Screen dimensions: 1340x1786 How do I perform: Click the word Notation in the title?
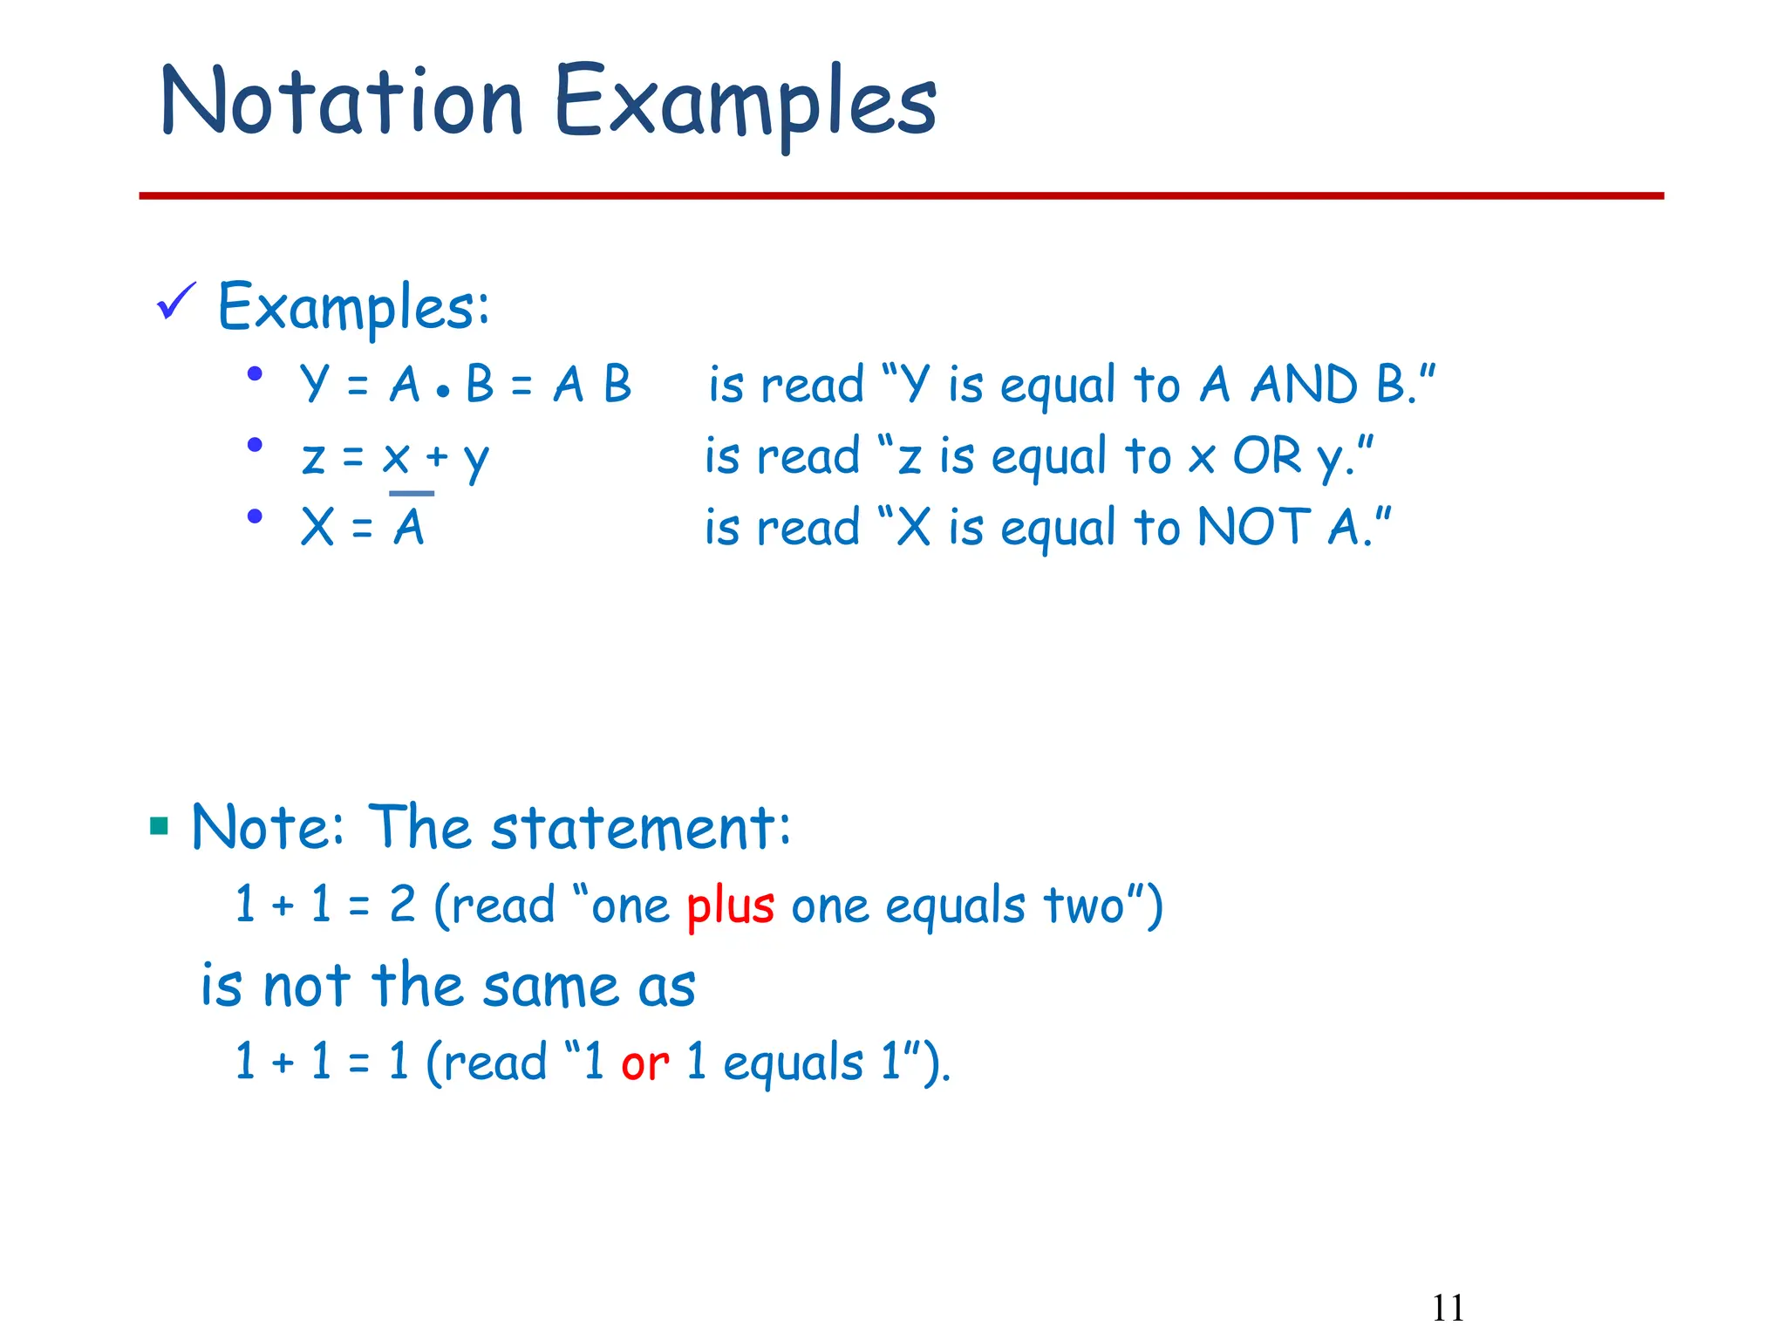(342, 102)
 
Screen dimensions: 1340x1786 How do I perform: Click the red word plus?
(730, 906)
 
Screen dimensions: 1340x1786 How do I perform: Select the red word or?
(644, 1063)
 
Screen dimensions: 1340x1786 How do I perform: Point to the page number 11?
(1448, 1308)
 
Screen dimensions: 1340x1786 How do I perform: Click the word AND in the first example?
(1304, 385)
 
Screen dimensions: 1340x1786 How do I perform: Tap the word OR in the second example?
(1266, 456)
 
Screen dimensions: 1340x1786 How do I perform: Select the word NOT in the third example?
(1253, 528)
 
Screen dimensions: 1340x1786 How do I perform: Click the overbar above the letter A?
(412, 494)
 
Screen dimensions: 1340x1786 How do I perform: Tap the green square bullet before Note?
(159, 825)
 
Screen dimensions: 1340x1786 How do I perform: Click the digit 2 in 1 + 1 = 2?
(402, 905)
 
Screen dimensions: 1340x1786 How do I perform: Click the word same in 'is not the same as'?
(550, 987)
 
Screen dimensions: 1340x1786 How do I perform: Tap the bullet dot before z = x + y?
(255, 445)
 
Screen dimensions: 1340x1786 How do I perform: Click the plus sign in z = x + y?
(436, 456)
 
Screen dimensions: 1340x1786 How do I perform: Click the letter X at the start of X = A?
(317, 528)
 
